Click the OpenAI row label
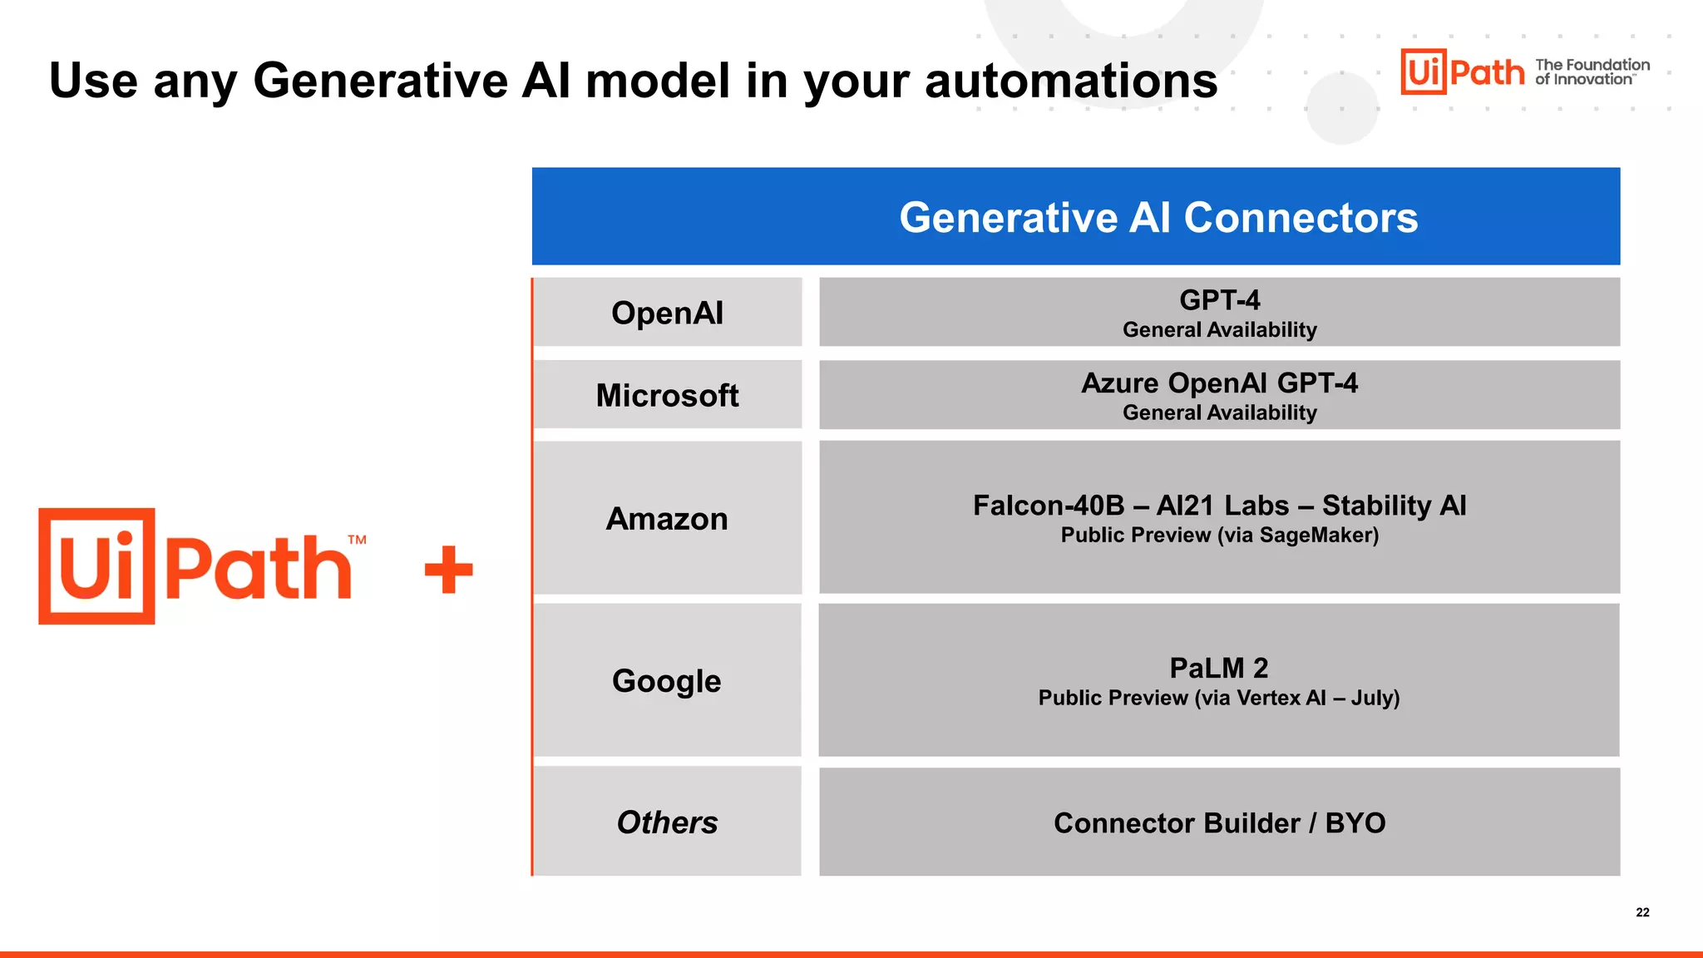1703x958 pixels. (667, 313)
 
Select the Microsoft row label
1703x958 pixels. (667, 395)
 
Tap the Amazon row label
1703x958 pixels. (667, 518)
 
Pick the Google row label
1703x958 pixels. (667, 680)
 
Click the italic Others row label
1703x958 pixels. (667, 822)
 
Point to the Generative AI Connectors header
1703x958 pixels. (1158, 217)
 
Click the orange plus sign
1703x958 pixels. (449, 570)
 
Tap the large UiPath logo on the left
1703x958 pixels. (200, 566)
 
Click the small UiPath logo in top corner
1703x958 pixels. (1463, 72)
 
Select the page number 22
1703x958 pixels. (1642, 912)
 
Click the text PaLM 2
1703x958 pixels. (1218, 668)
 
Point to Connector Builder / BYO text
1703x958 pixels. (1219, 822)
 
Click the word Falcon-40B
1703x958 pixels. (1048, 505)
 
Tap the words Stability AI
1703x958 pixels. (1394, 505)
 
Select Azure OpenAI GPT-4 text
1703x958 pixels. (1219, 383)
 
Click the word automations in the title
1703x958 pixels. (1071, 81)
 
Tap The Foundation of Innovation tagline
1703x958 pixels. (1592, 72)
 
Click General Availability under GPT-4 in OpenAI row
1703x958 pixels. (1219, 330)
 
